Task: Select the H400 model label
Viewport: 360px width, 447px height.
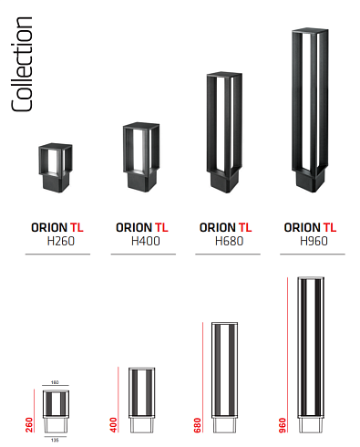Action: click(141, 242)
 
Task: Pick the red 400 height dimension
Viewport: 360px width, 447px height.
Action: click(114, 424)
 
